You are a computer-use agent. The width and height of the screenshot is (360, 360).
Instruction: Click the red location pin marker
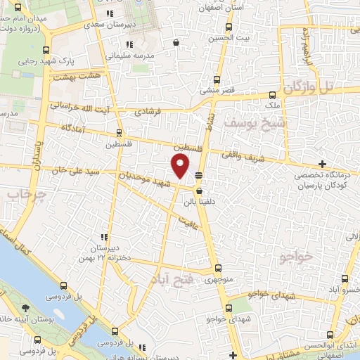tap(181, 167)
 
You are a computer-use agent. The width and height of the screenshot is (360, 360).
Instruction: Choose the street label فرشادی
tap(148, 112)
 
